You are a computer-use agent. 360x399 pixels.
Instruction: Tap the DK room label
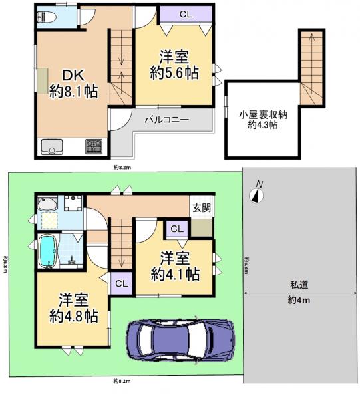[x=73, y=75]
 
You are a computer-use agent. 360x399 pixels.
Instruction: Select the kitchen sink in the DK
[x=51, y=146]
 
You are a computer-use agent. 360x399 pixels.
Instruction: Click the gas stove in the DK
[x=92, y=146]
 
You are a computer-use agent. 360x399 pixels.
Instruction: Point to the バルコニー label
[x=168, y=120]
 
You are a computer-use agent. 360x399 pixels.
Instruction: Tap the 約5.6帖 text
[x=175, y=72]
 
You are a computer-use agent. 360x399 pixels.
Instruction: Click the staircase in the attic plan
[x=309, y=66]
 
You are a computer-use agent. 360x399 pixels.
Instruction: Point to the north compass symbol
[x=257, y=193]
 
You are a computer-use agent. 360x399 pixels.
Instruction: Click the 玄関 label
[x=202, y=207]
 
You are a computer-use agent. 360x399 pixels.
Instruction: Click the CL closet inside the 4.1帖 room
[x=176, y=229]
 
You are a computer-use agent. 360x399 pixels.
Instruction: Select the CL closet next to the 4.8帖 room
[x=121, y=283]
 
